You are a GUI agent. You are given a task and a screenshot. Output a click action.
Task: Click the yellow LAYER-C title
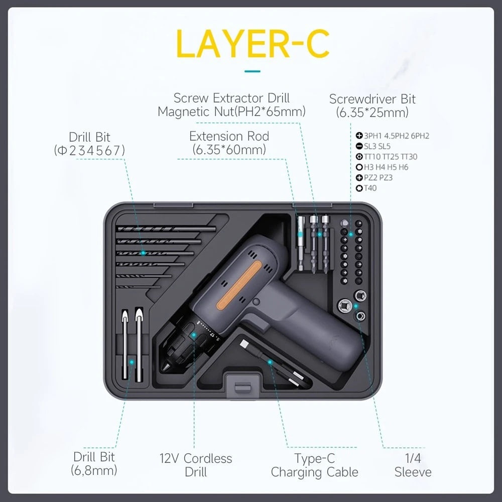(253, 44)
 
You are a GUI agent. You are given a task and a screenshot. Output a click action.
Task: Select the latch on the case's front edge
(242, 387)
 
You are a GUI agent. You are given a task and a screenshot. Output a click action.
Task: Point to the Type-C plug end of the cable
(244, 344)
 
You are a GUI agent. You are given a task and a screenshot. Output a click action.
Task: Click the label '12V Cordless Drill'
(196, 465)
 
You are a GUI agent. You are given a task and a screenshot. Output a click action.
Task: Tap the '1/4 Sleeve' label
(413, 465)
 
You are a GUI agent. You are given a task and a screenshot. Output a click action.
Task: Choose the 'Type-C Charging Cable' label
(314, 465)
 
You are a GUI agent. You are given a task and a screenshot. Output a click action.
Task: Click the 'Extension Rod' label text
(229, 136)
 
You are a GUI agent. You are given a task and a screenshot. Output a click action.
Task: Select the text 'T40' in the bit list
(370, 188)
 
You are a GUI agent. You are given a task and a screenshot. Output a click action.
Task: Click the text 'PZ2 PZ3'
(378, 178)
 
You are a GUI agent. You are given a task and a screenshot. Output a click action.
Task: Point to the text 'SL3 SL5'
(377, 146)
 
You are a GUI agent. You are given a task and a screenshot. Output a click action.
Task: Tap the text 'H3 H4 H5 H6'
(386, 167)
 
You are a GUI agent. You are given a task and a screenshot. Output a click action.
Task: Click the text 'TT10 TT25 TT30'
(391, 157)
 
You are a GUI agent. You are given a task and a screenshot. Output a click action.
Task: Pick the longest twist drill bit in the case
(166, 229)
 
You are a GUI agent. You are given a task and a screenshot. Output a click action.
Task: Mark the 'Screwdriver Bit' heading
(372, 99)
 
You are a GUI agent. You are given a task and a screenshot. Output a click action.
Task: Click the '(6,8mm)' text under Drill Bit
(94, 470)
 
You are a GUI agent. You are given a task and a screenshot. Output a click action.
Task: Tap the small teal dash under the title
(253, 71)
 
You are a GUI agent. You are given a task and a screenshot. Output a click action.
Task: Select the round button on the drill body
(256, 302)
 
